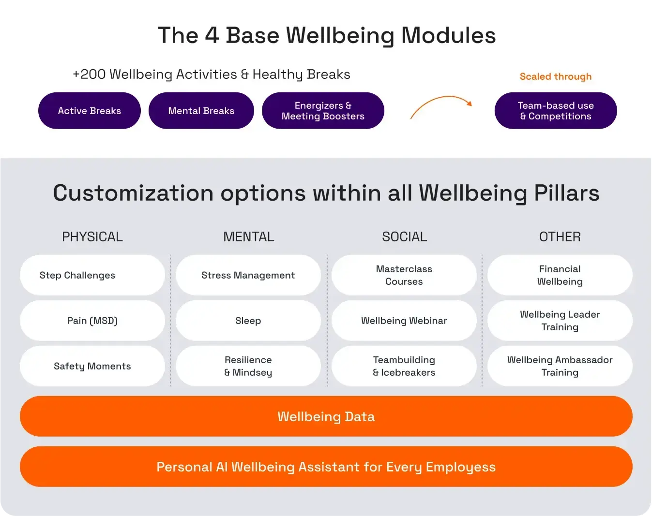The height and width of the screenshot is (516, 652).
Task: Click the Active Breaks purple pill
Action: coord(90,111)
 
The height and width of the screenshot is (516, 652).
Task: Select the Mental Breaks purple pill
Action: coord(201,111)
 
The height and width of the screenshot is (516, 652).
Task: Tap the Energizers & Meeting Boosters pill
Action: coord(323,111)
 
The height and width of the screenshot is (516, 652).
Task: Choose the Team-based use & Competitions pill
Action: coord(556,111)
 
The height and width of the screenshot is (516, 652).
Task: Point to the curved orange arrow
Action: coord(440,104)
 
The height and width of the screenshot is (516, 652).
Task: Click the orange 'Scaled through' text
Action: coord(556,76)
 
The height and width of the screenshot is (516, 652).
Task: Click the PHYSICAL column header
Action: coord(92,236)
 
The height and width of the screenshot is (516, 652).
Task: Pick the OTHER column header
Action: coord(560,236)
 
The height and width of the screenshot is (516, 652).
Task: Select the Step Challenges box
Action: coord(92,275)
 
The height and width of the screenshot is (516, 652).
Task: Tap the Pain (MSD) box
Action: coord(92,321)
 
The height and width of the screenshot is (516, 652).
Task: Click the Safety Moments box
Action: coord(92,366)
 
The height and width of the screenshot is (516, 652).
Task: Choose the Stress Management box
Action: coord(248,275)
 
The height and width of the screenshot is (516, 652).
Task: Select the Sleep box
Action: coord(248,321)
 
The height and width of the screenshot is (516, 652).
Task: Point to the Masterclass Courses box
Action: coord(404,275)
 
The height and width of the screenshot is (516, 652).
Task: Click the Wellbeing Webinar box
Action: coord(404,321)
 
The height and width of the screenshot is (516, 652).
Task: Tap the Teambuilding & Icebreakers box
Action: coord(404,366)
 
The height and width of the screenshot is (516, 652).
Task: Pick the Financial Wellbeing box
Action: coord(560,275)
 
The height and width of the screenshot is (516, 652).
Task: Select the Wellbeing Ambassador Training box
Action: coord(560,366)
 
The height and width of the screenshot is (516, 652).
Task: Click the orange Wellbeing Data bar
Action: coord(326,416)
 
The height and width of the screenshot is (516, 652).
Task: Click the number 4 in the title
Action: coord(212,35)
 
